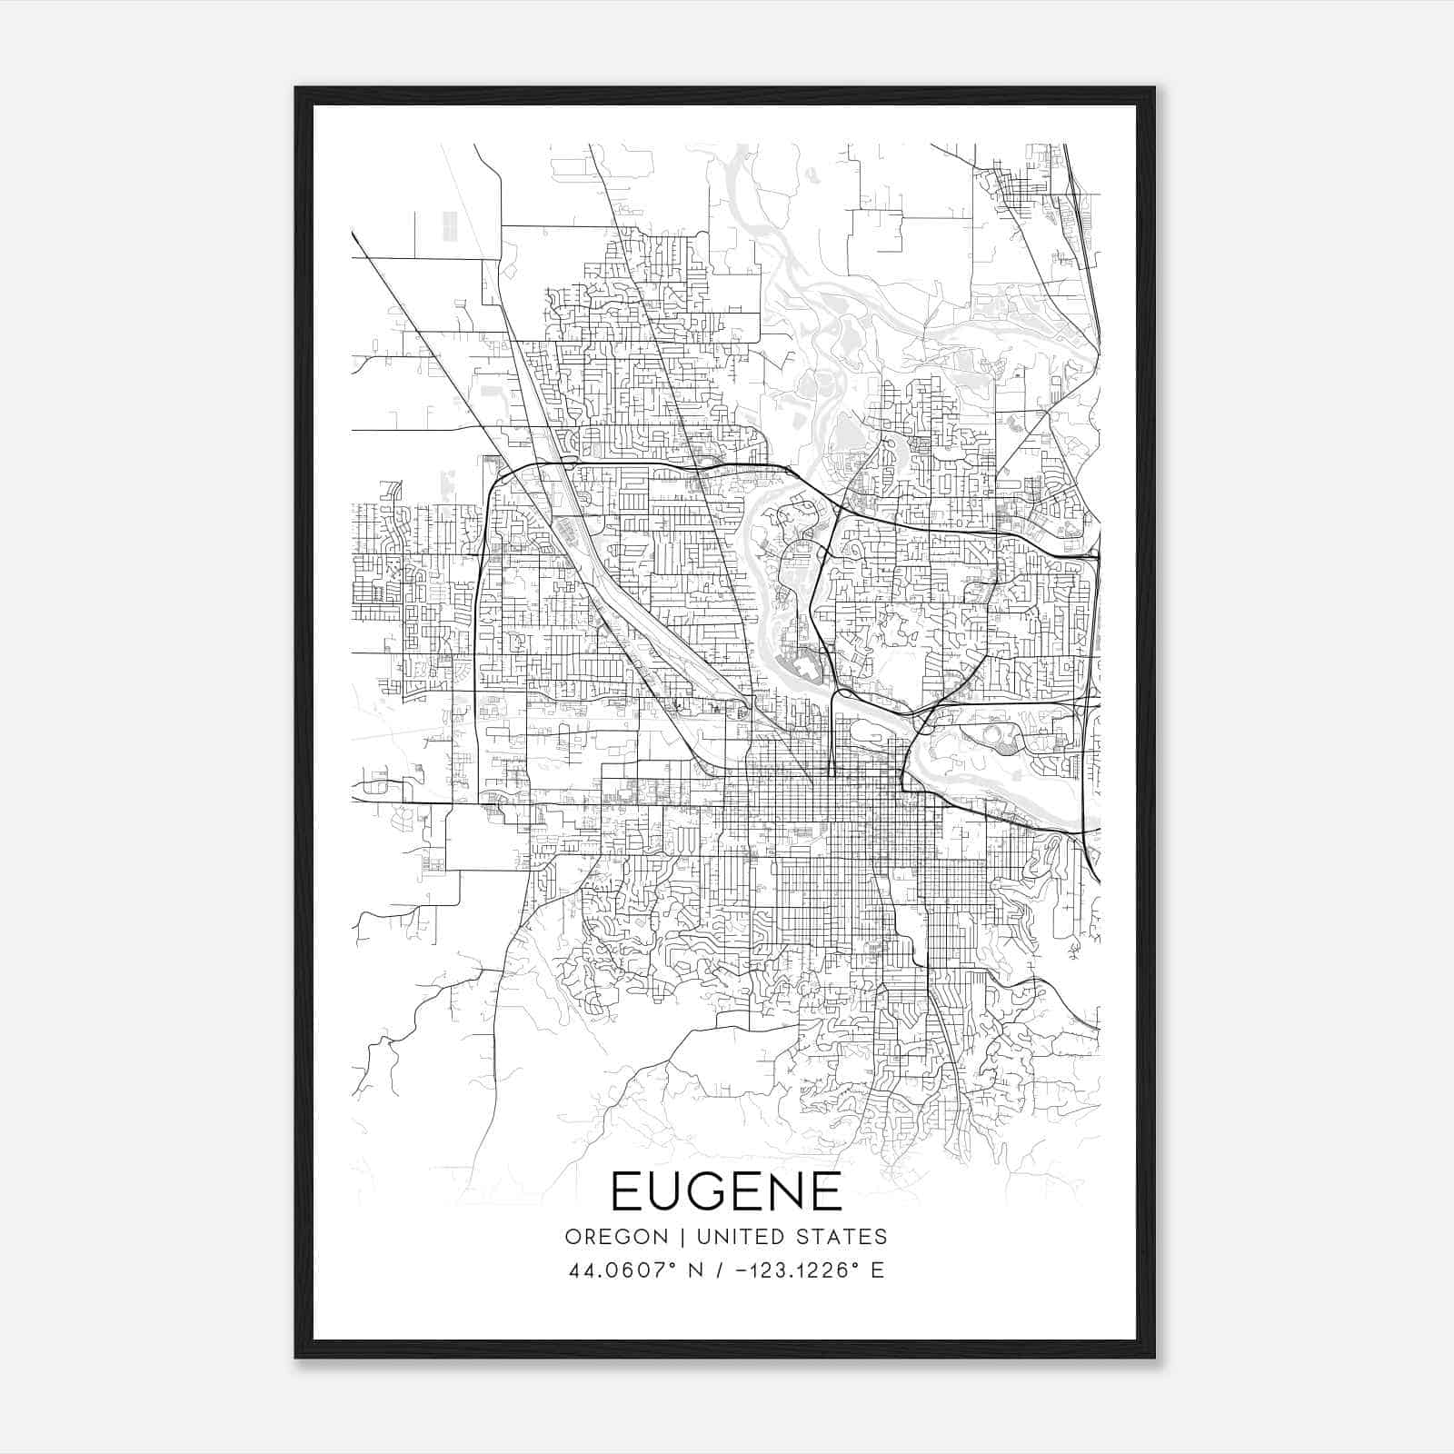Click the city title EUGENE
point(726,1191)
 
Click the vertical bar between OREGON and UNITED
point(661,1237)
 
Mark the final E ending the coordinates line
point(877,1270)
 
